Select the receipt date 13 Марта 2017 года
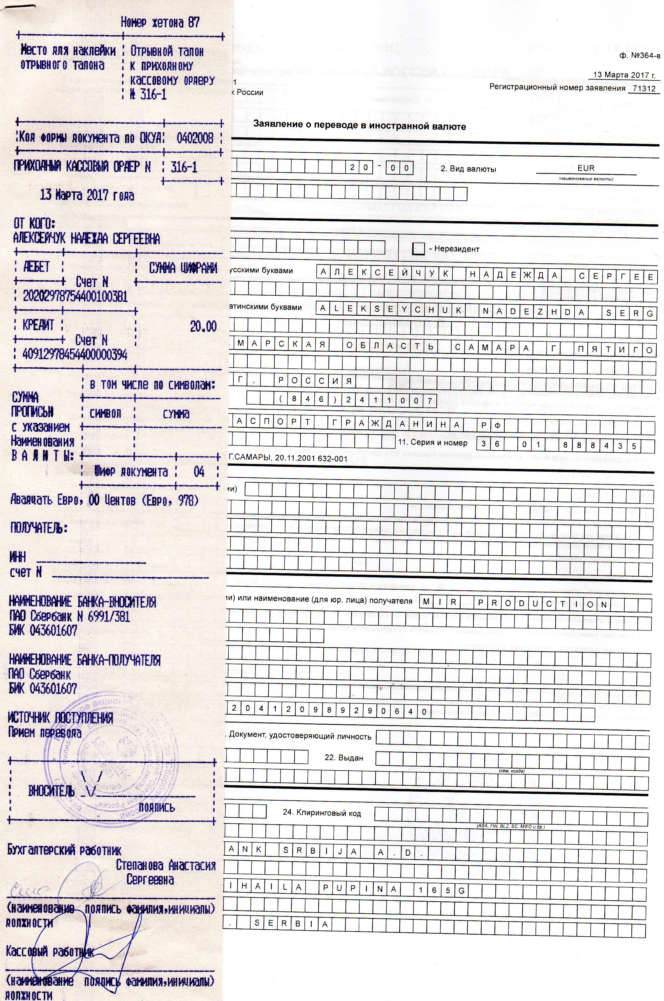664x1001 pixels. coord(87,195)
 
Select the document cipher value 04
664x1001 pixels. coord(199,472)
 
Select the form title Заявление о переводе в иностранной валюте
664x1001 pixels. coord(360,126)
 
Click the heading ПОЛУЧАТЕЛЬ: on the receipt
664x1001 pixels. coord(39,528)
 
